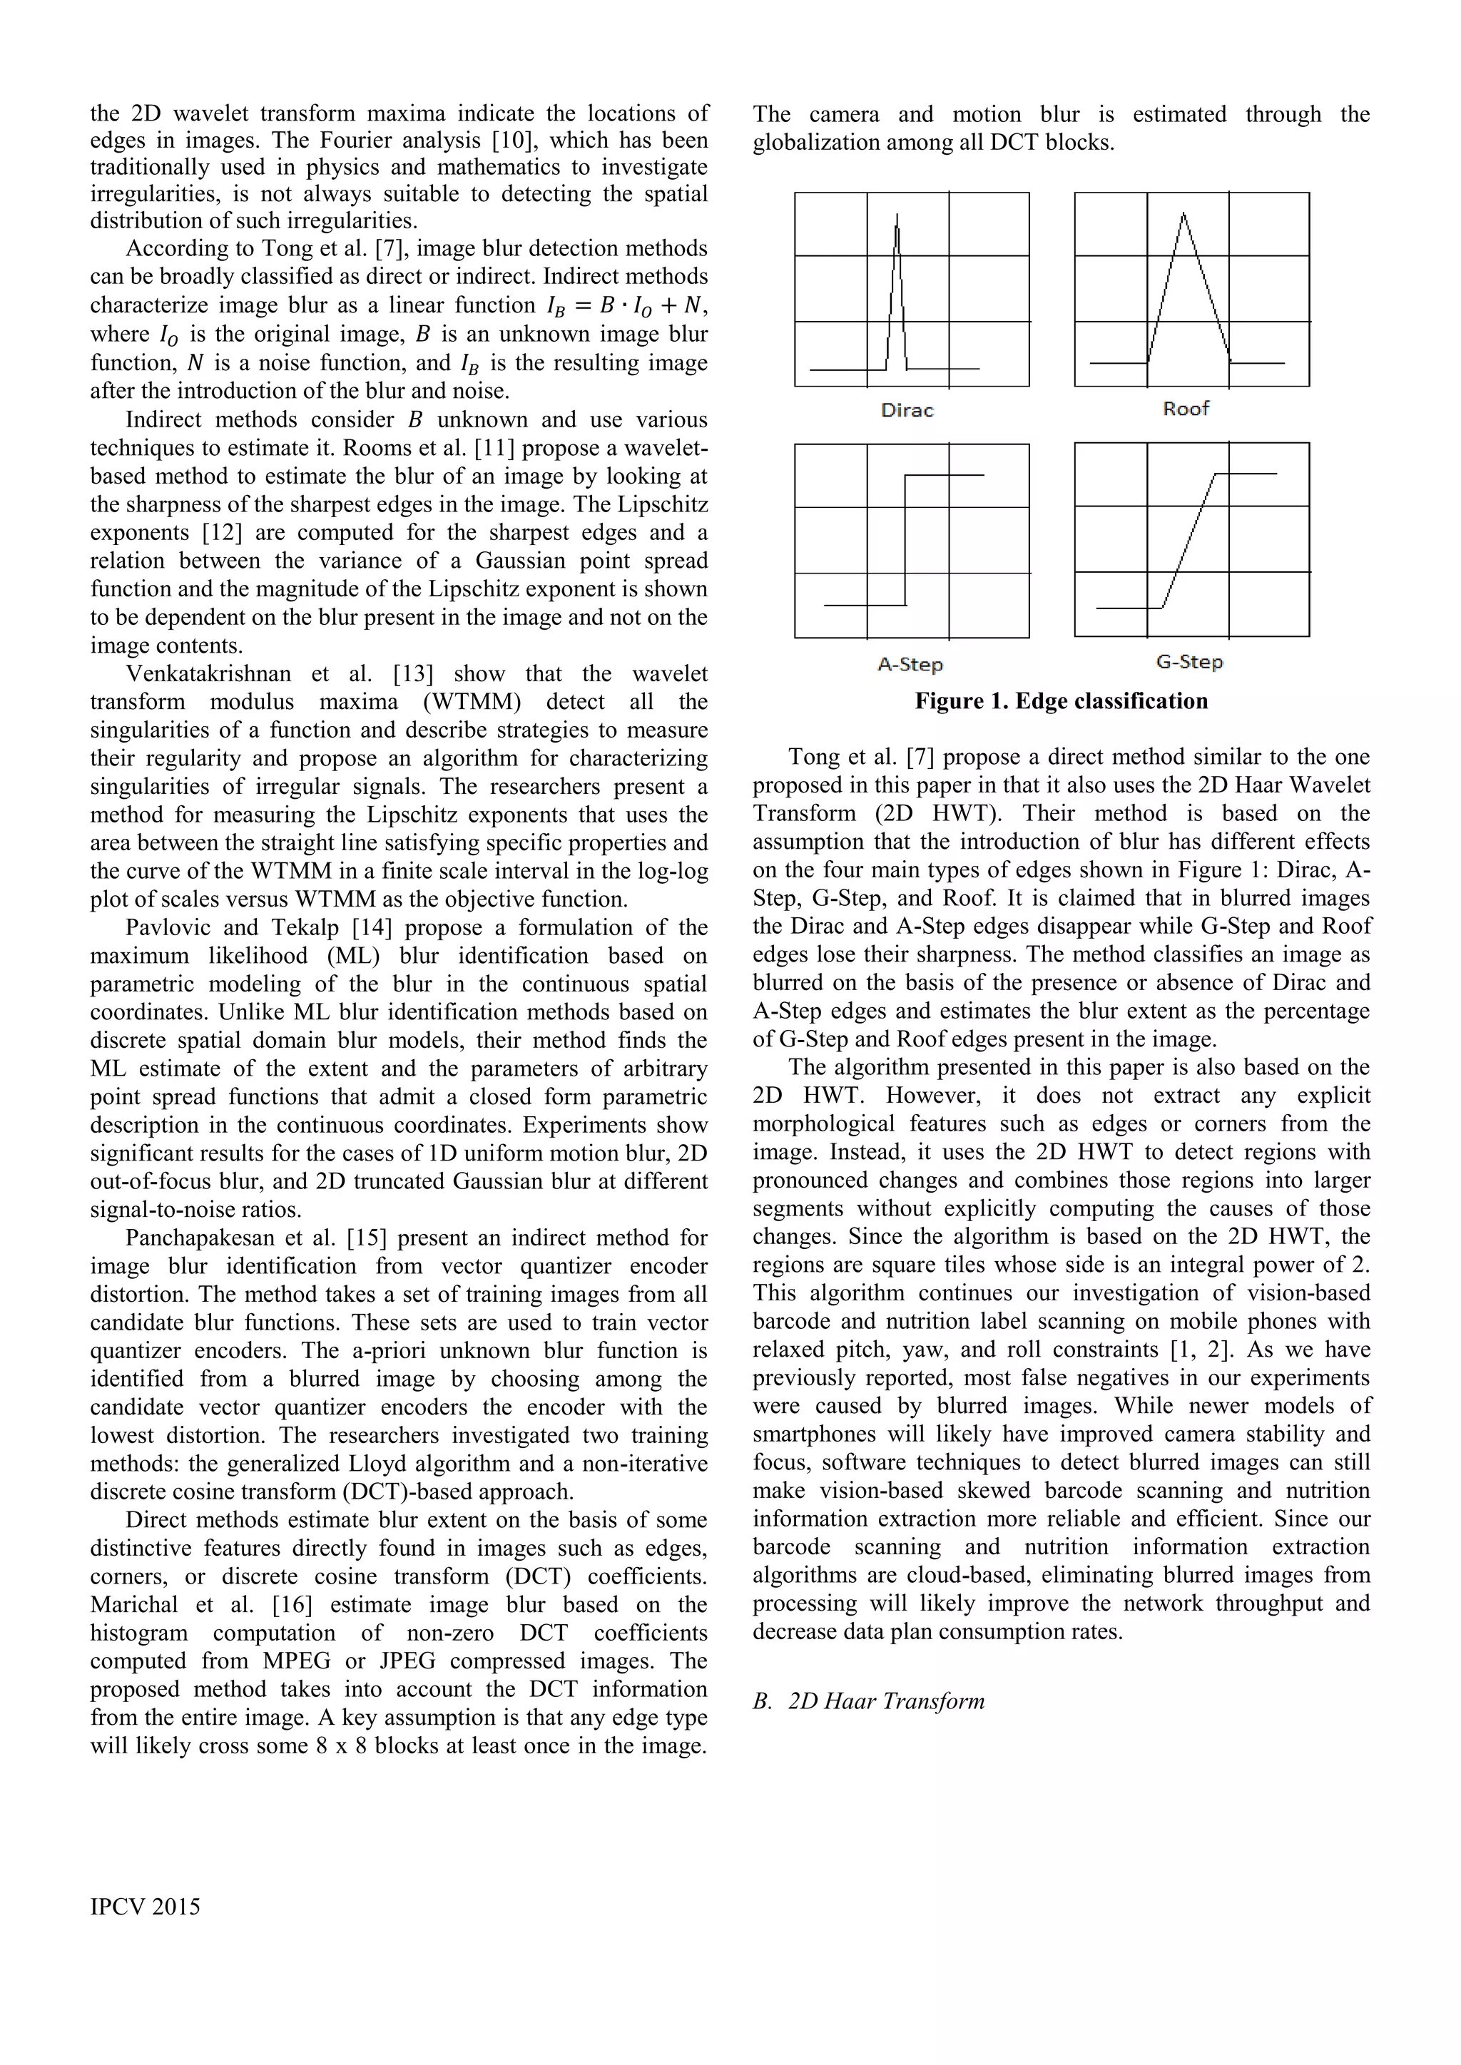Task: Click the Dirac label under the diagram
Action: (907, 410)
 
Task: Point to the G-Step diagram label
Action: (1189, 662)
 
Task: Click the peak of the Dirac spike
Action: (897, 216)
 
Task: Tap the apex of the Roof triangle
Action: (1183, 213)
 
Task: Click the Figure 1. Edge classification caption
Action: (1061, 700)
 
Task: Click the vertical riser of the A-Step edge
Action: (905, 540)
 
